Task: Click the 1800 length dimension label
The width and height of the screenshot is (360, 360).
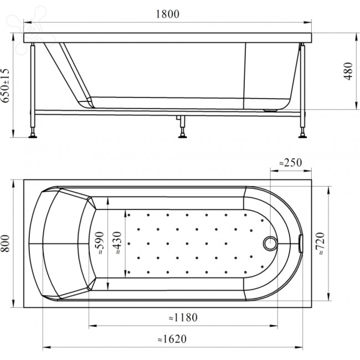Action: pos(168,14)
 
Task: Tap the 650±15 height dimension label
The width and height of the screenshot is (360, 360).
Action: pos(6,85)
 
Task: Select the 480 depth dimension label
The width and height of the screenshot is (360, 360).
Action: pos(348,71)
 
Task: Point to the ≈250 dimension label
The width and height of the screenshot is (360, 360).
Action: pos(290,162)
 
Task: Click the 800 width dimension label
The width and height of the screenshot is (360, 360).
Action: pos(6,244)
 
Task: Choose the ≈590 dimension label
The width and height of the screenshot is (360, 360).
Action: pos(99,243)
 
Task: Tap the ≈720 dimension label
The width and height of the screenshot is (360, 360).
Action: pos(320,243)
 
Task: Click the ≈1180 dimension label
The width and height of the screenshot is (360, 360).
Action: pos(183,317)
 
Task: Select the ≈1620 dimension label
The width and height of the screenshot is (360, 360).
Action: pos(172,339)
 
